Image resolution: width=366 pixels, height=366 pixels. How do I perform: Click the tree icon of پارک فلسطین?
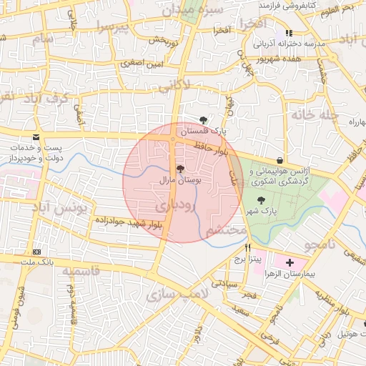click(204, 121)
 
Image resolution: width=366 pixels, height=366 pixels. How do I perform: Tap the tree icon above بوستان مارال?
click(179, 170)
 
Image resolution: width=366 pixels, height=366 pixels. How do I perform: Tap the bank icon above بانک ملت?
click(36, 252)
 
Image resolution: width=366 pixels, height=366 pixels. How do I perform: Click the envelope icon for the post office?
click(36, 137)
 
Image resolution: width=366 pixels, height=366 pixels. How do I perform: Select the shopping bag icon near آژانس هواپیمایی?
click(279, 160)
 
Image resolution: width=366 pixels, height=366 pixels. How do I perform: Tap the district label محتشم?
click(227, 232)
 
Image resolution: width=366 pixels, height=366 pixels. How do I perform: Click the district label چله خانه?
click(312, 113)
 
